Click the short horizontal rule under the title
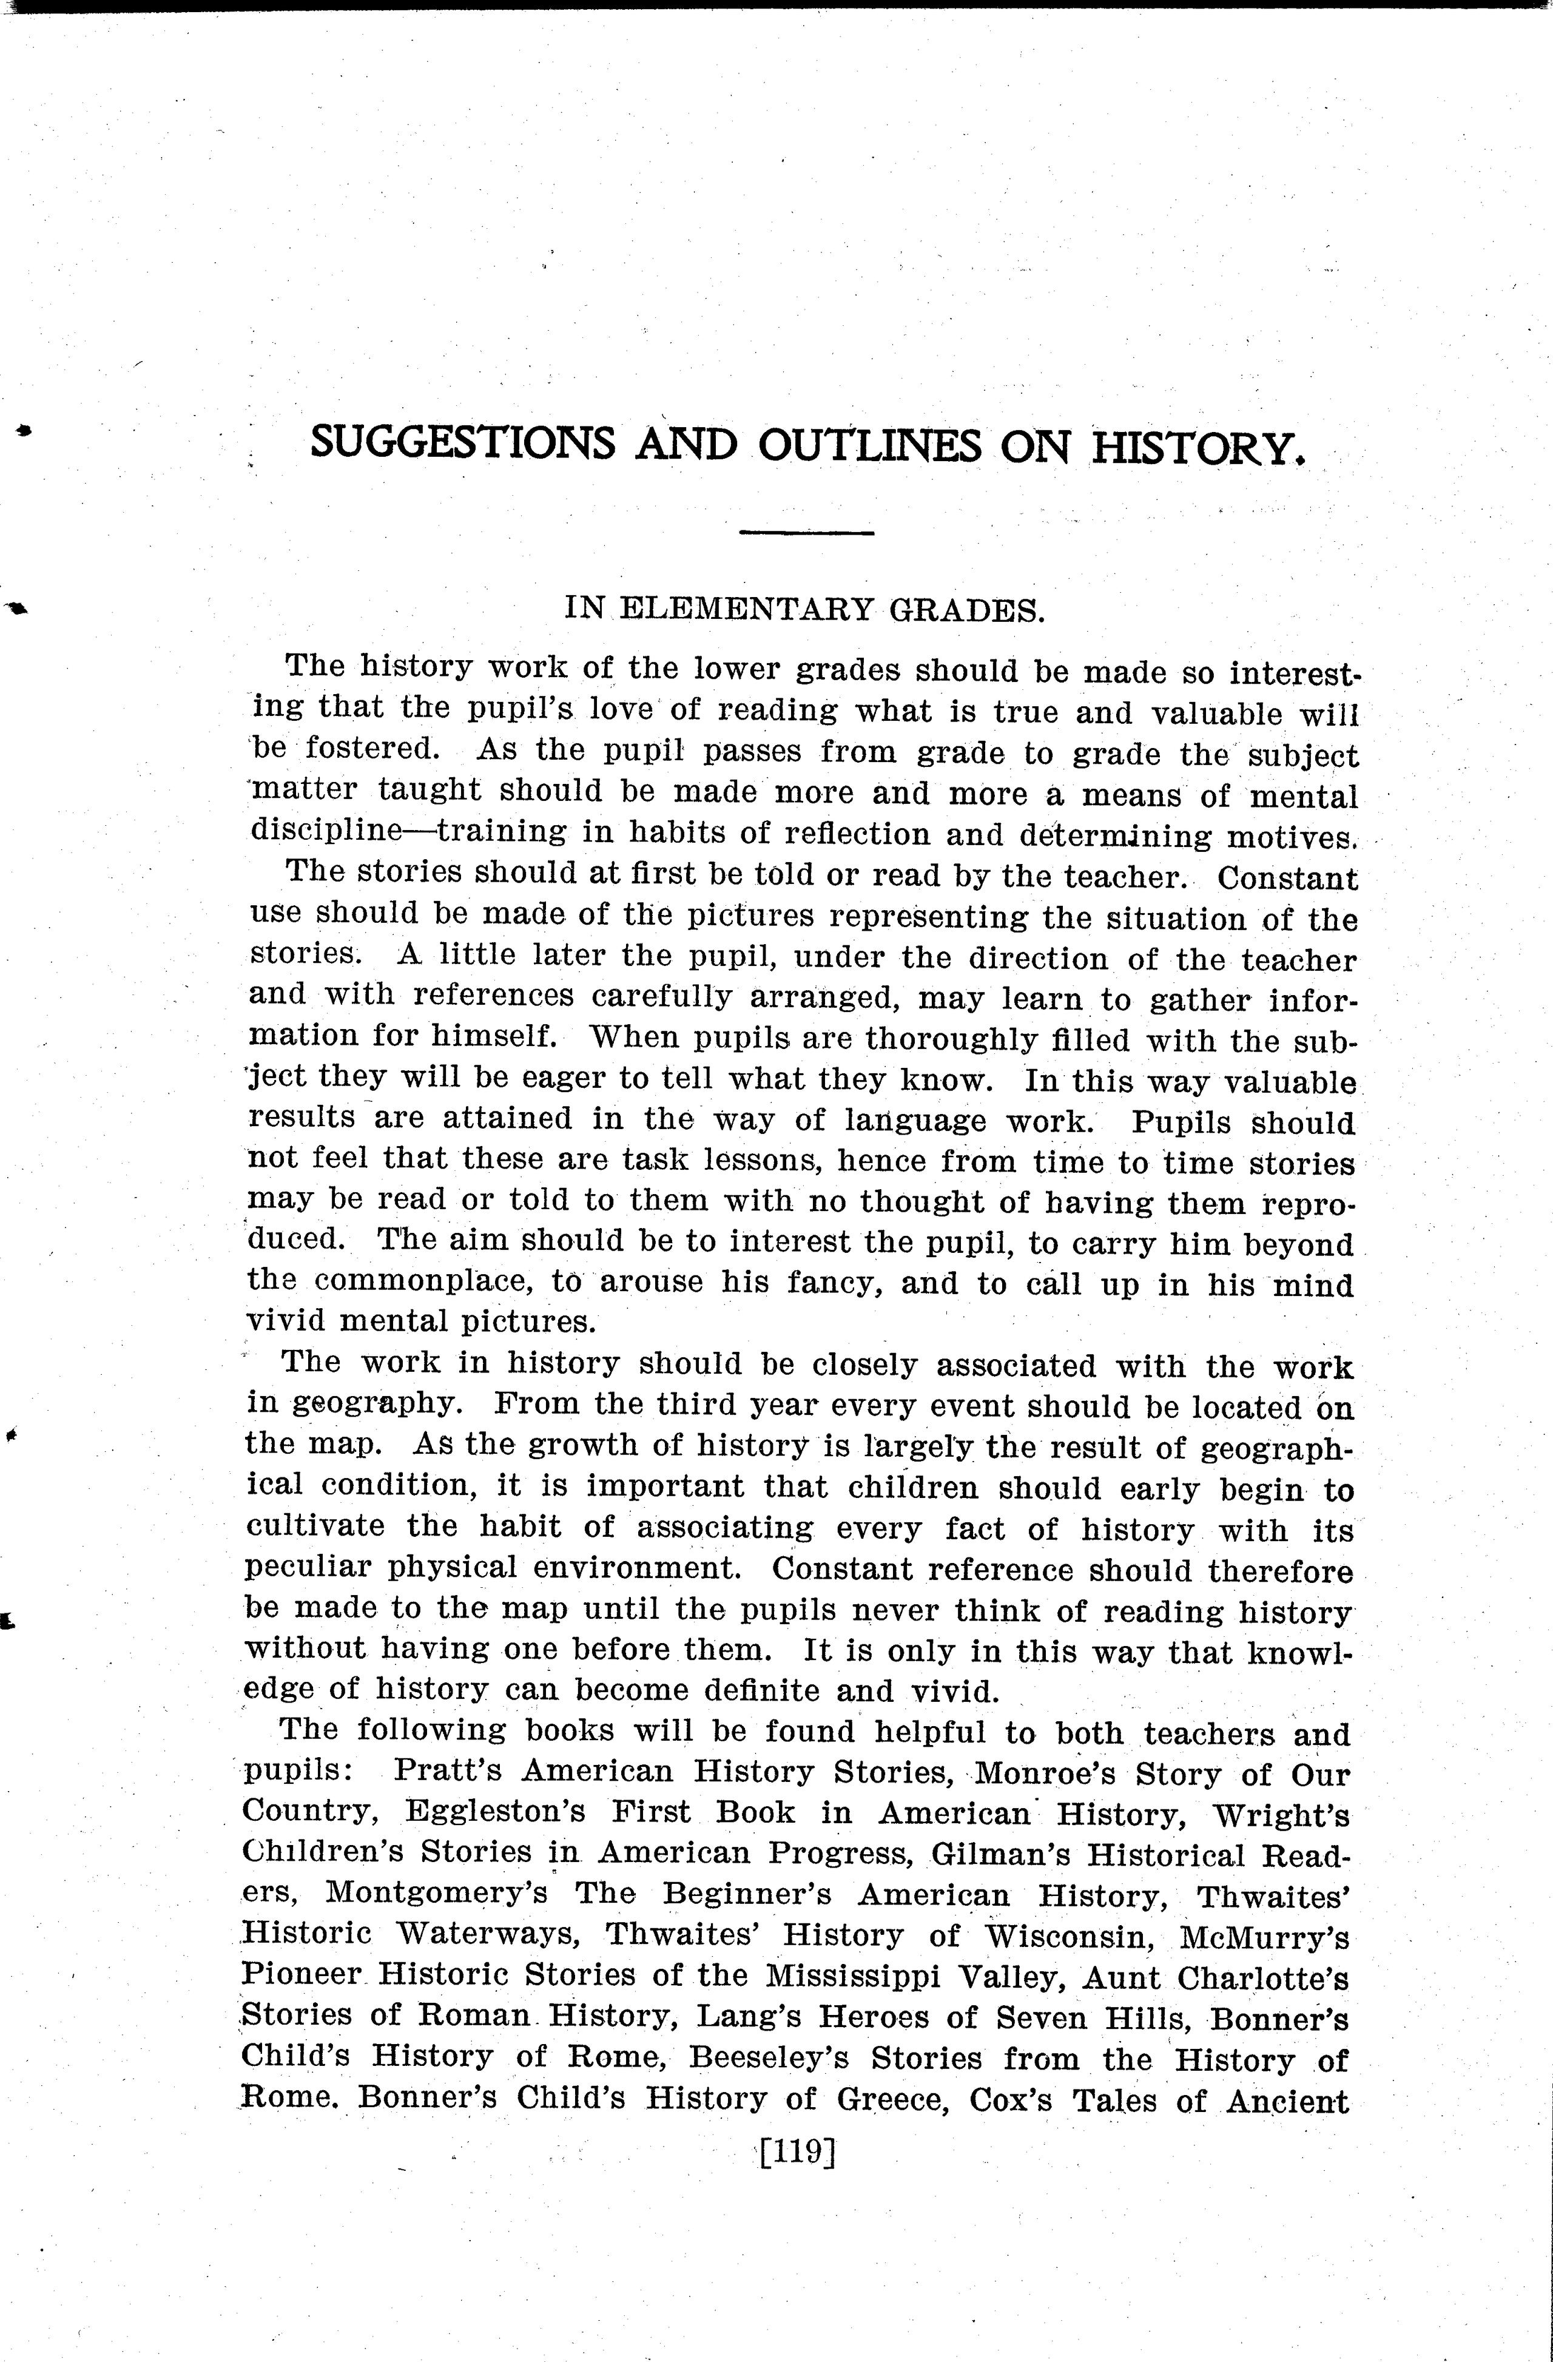806,534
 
